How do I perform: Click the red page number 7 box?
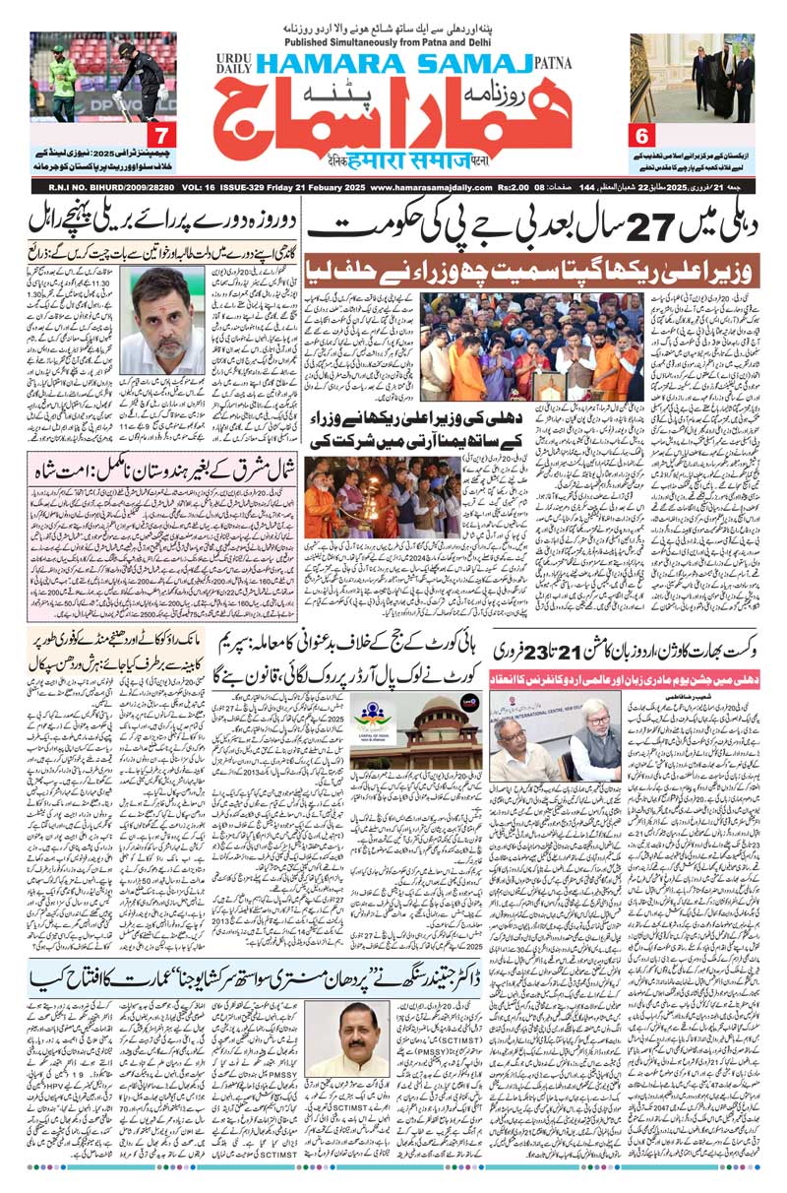click(x=159, y=134)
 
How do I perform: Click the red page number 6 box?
click(x=644, y=134)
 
